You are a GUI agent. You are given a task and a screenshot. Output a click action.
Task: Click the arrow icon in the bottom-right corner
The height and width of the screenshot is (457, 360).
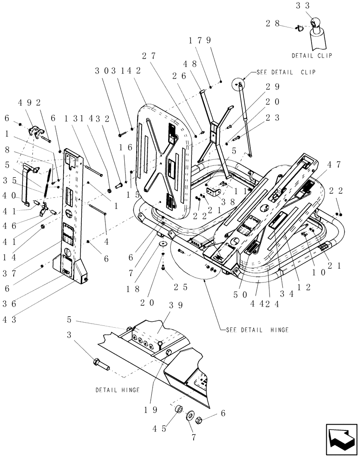click(x=341, y=438)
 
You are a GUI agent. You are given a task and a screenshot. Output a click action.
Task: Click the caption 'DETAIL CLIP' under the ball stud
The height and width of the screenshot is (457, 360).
click(x=312, y=56)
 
